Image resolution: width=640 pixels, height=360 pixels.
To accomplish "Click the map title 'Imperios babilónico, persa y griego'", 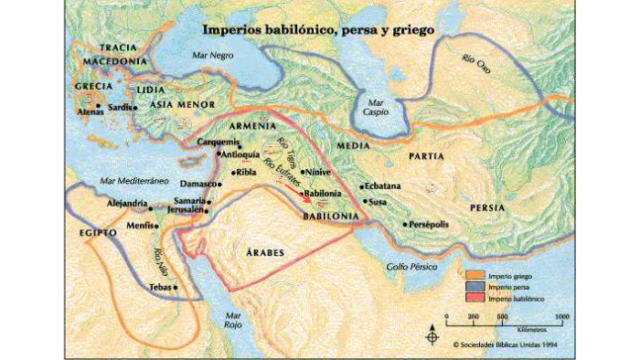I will click(x=318, y=29).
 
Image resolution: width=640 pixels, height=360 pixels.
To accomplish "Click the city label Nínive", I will click(x=318, y=172).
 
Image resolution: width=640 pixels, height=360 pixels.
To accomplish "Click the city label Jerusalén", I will click(x=186, y=210).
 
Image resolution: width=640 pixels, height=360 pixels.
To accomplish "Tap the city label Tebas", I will click(x=160, y=288).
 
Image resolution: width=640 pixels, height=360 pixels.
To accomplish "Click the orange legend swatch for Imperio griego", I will click(x=475, y=275).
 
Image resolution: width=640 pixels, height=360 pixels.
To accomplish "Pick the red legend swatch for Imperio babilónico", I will click(x=475, y=299).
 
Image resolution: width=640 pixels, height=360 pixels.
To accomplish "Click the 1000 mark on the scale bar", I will click(x=561, y=315).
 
